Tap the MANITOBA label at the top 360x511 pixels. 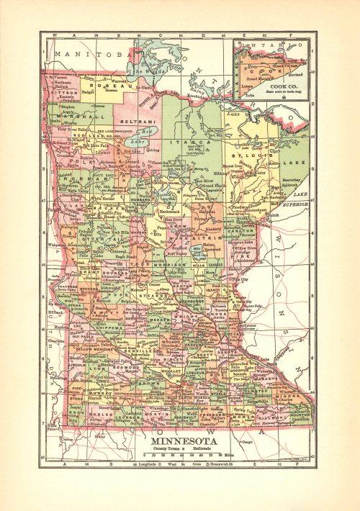click(x=85, y=54)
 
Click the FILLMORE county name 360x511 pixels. click(x=271, y=415)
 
